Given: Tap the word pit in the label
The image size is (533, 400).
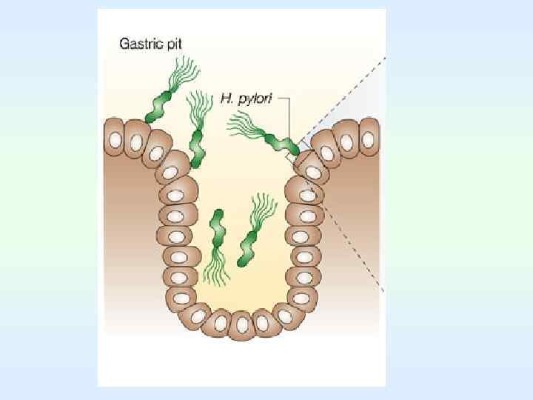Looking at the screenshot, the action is pos(175,44).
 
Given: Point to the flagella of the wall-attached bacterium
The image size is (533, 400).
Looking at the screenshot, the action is pos(244,126).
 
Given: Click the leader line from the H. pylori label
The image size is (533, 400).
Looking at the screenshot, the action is pos(289,119).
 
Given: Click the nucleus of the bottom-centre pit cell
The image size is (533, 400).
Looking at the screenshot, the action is pos(242,324).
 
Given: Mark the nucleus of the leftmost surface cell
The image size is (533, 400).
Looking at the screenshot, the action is pos(115,139).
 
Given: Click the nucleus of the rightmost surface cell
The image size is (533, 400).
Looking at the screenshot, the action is pos(368,139).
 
